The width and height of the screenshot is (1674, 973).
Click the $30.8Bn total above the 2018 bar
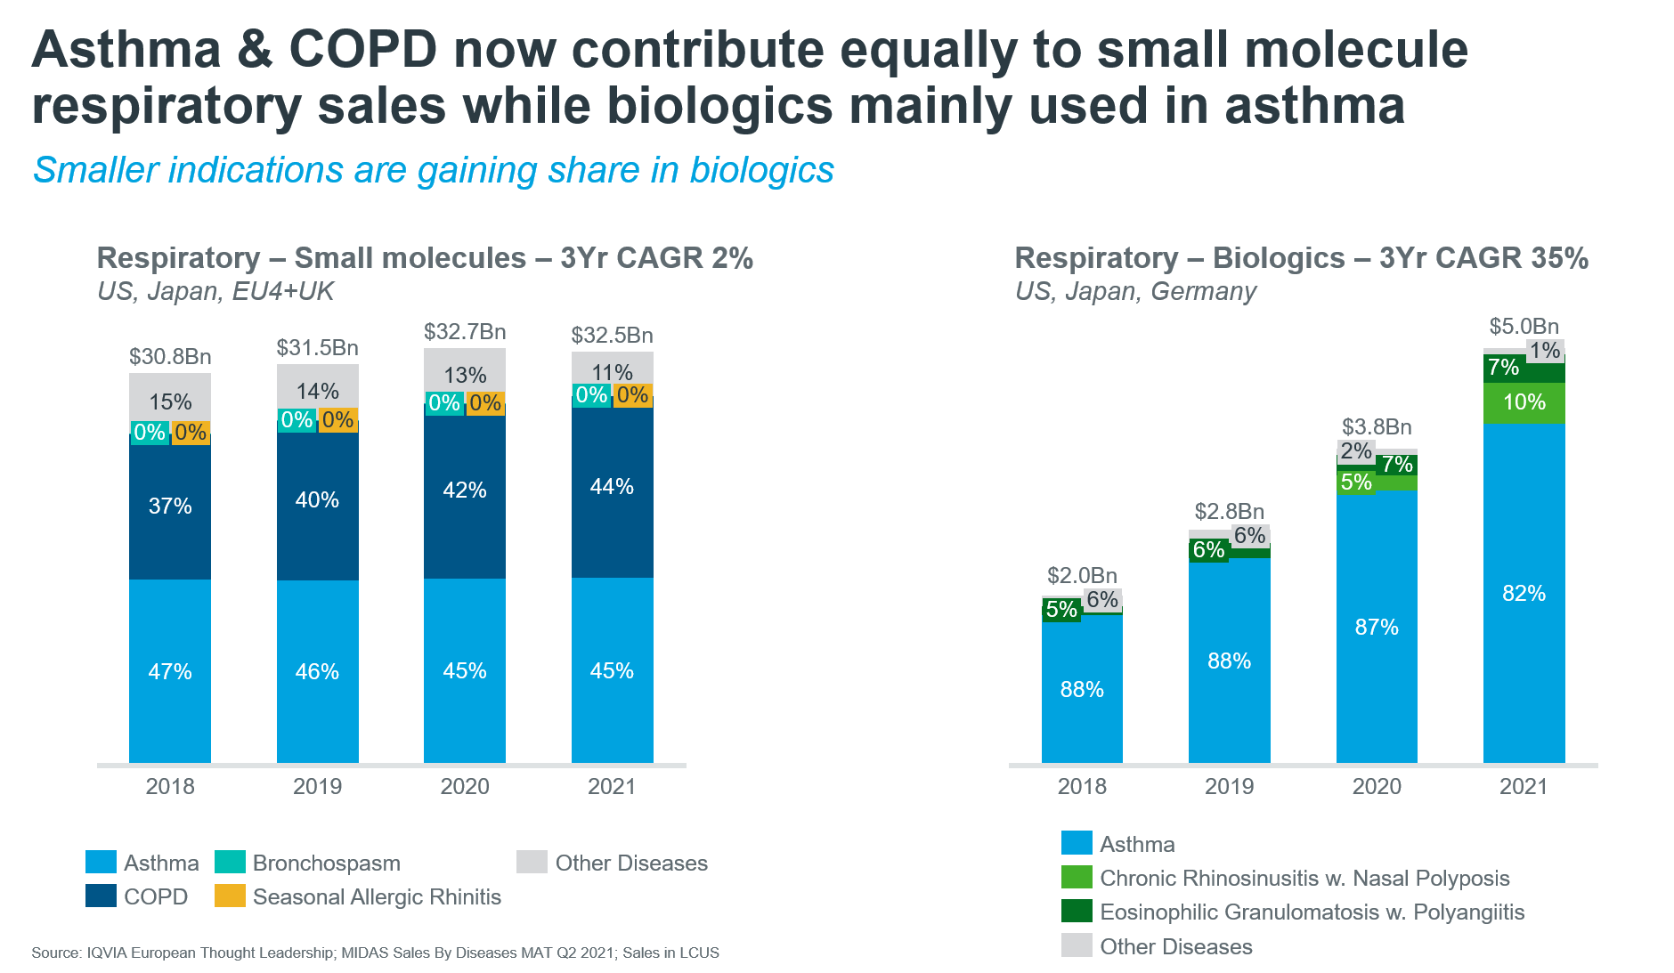(170, 357)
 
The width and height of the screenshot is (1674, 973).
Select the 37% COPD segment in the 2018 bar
(170, 507)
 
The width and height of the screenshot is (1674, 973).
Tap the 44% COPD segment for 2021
(612, 487)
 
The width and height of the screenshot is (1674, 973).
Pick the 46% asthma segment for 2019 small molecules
(317, 671)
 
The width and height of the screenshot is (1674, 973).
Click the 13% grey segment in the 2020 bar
(465, 375)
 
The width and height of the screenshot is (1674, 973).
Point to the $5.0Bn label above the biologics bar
(1524, 327)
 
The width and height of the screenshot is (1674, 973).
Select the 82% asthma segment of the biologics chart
(1524, 594)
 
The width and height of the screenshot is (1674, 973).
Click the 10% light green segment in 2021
(1524, 402)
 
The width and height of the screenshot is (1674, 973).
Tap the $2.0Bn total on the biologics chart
(1082, 576)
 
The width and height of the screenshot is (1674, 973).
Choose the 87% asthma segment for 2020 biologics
(1377, 628)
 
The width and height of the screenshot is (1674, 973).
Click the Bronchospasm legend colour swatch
(230, 862)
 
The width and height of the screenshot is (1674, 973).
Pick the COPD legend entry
(156, 896)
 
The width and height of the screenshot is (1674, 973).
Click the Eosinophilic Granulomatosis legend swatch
(1077, 912)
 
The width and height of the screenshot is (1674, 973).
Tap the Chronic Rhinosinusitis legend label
(1304, 879)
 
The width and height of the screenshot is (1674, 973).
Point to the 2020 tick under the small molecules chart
(465, 786)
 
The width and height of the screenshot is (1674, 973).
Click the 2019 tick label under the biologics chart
(1229, 786)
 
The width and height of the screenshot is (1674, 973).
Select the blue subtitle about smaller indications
(434, 170)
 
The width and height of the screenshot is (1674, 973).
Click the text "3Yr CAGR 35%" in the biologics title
(1483, 258)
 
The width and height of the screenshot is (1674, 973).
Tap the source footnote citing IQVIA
(375, 953)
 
